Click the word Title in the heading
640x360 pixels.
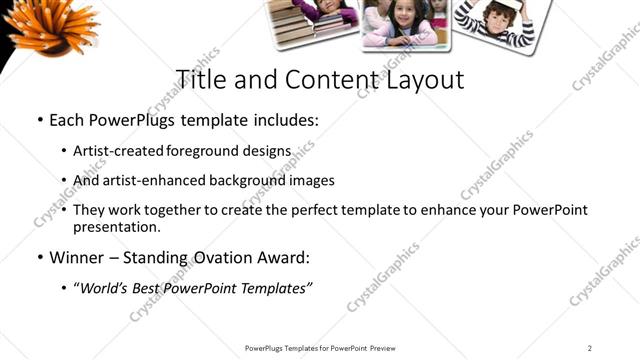click(x=198, y=80)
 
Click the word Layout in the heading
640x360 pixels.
click(x=424, y=80)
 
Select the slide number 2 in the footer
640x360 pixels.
click(x=589, y=348)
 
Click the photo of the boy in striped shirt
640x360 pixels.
click(x=495, y=23)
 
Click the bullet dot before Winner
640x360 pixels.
click(x=38, y=258)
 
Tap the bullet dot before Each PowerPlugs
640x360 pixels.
click(x=38, y=122)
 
